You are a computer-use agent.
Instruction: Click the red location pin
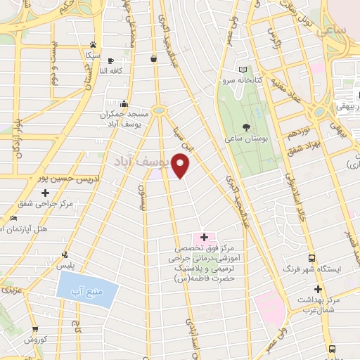(x=181, y=165)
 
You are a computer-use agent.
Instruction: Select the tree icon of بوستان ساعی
(x=245, y=127)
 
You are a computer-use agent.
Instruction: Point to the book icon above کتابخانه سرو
(x=243, y=70)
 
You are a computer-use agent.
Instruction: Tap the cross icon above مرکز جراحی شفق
(x=46, y=192)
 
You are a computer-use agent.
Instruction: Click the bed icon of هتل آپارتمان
(x=15, y=219)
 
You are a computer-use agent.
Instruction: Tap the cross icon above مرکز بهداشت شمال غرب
(x=318, y=289)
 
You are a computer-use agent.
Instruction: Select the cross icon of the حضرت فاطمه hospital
(x=204, y=238)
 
